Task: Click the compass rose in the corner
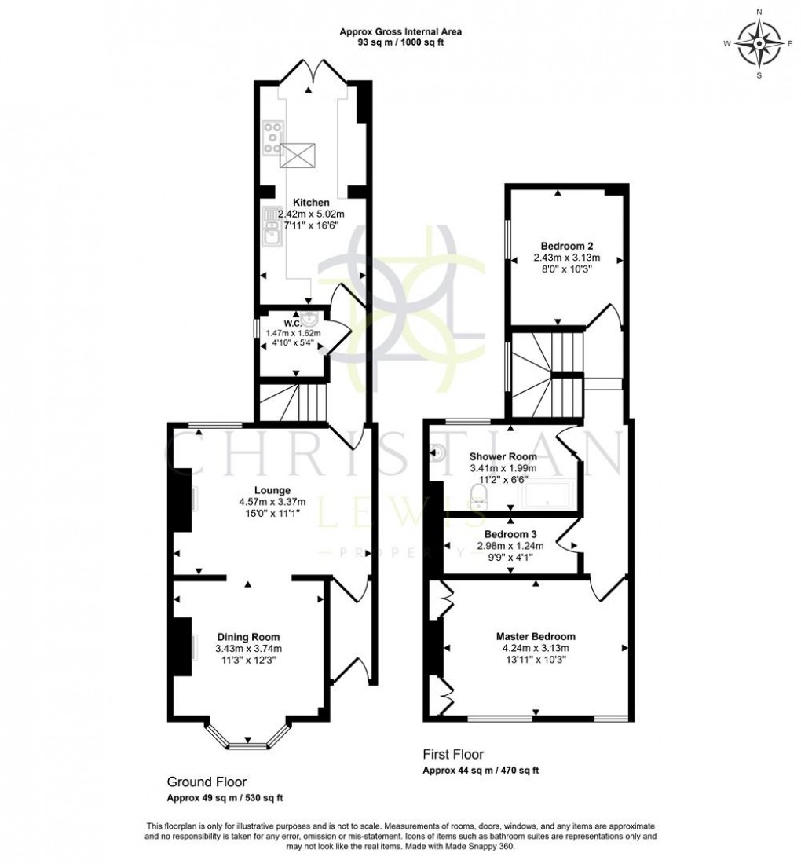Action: click(x=759, y=43)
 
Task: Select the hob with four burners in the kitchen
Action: click(x=273, y=137)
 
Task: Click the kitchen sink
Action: click(x=272, y=231)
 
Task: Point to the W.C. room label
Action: click(x=294, y=323)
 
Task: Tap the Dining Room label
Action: click(x=248, y=637)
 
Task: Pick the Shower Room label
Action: click(x=503, y=456)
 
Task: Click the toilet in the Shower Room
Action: click(x=478, y=495)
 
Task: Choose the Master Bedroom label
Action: click(x=535, y=636)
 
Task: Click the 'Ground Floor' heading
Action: click(x=207, y=782)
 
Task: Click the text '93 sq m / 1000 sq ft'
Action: click(x=400, y=42)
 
